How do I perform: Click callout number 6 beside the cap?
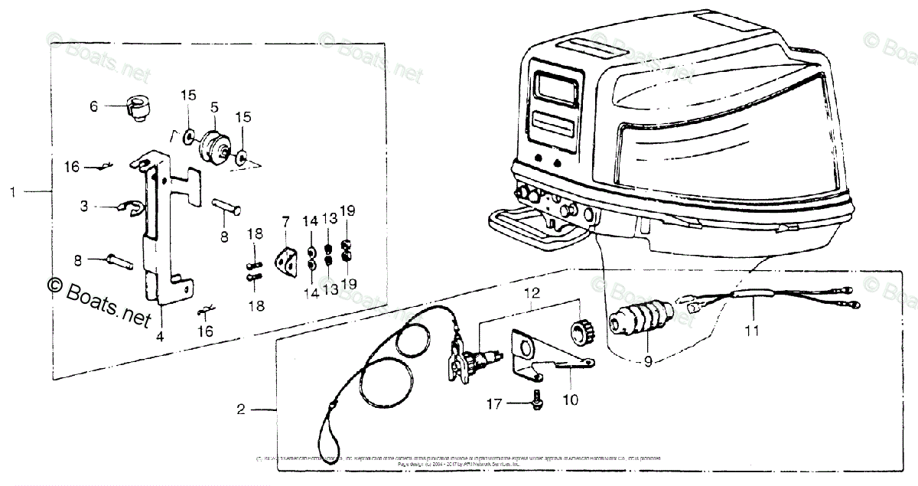94,107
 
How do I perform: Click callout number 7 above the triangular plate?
285,222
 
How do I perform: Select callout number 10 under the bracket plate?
570,398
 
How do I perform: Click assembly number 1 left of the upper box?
11,191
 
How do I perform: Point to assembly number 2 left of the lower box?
241,410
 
